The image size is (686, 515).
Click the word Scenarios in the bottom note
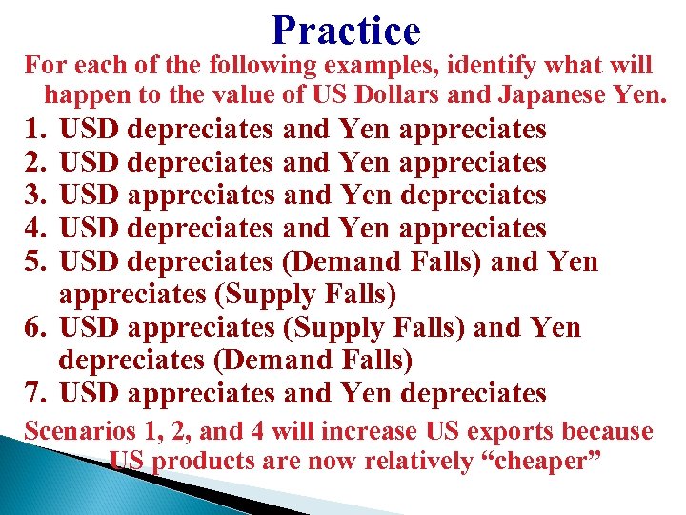tap(77, 431)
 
